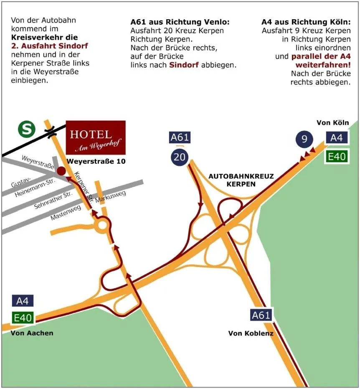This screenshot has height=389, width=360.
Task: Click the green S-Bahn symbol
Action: point(26,129)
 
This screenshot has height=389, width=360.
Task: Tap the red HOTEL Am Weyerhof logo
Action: point(96,137)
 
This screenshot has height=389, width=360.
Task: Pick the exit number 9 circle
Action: point(304,139)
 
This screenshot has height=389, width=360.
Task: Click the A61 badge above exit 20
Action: point(180,137)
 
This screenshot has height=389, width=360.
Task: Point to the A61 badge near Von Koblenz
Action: point(261,315)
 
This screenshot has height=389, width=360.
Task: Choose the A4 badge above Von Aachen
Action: point(23,300)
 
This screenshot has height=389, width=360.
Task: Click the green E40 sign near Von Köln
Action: point(337,157)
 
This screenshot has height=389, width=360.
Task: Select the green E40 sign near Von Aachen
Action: point(23,318)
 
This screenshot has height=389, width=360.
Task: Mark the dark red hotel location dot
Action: point(61,170)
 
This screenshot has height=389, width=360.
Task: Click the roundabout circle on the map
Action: point(102,226)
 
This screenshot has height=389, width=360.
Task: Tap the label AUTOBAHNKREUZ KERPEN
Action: point(241,180)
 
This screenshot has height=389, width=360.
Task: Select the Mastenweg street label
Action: point(66,214)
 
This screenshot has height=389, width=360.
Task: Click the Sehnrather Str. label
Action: point(53,201)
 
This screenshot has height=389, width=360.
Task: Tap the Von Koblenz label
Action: point(251,333)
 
